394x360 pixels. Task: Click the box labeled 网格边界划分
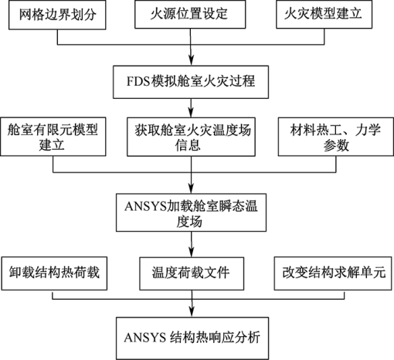pos(57,15)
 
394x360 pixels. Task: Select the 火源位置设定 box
pos(190,14)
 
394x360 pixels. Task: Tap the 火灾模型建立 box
pos(324,14)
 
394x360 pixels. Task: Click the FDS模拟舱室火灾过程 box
pos(191,82)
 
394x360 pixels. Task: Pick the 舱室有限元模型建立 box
pos(53,137)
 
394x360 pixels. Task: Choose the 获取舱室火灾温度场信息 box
pos(191,137)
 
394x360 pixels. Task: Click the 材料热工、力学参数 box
pos(336,137)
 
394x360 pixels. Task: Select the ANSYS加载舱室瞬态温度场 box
pos(191,212)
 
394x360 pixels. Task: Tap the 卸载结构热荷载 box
pos(54,273)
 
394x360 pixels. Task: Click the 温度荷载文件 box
pos(192,273)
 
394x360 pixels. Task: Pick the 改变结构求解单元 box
pos(333,273)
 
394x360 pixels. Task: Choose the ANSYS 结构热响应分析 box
pos(192,338)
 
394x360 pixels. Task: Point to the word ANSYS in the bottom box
pos(144,338)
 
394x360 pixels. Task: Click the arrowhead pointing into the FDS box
pos(191,61)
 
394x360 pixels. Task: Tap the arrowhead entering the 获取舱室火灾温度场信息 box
pos(191,113)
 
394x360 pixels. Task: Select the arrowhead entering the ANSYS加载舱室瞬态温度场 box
pos(191,188)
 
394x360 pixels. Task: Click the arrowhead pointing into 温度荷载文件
pos(192,252)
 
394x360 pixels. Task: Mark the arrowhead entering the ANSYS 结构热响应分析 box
pos(192,312)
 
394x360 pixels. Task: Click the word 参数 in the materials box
pos(336,145)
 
